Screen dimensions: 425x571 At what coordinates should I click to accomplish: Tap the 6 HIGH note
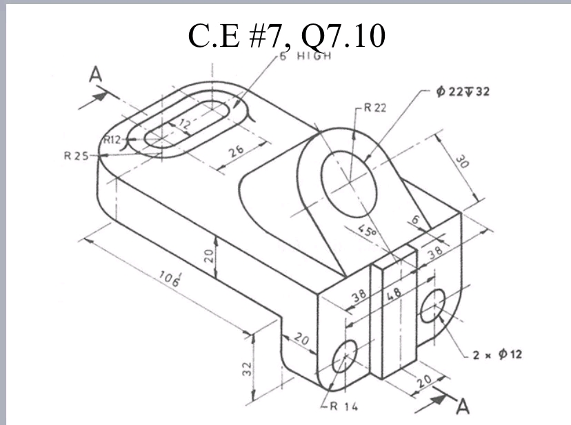(305, 56)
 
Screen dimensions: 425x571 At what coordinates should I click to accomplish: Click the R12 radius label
(111, 140)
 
